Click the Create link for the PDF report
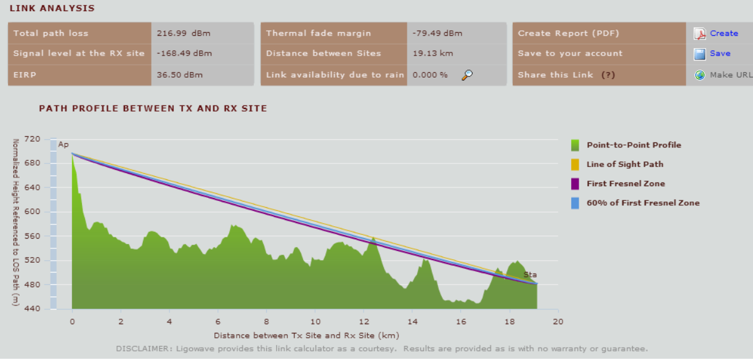(723, 33)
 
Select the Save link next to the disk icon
(720, 54)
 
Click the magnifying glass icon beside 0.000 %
(468, 75)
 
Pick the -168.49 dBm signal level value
(184, 54)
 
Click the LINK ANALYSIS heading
(52, 9)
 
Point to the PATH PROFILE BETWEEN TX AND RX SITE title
(153, 108)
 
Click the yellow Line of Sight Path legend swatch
(575, 165)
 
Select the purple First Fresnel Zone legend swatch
(575, 184)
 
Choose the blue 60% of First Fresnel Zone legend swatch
(575, 203)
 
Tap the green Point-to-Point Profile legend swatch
(575, 145)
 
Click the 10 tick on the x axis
(315, 321)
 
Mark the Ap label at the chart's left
(63, 145)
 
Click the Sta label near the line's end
(530, 275)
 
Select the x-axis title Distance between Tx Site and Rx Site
(306, 336)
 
